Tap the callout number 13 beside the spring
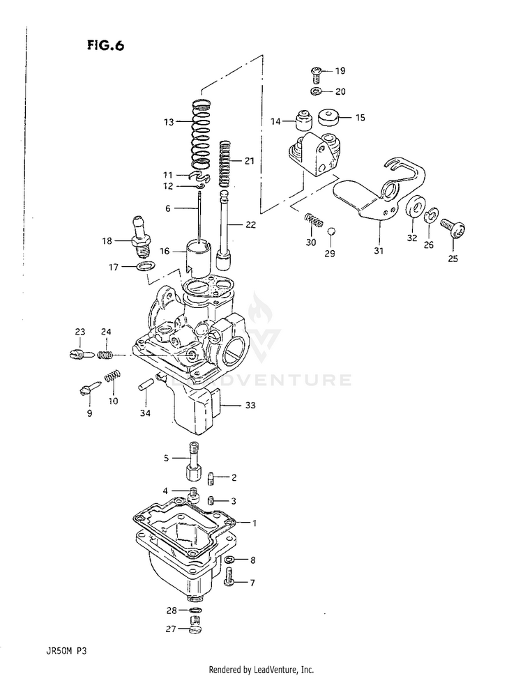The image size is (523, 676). pos(168,122)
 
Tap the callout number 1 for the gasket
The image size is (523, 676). pos(254,523)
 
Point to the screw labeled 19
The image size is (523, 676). pos(317,72)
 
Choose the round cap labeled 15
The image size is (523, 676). pos(329,118)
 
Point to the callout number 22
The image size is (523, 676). pos(250,225)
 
